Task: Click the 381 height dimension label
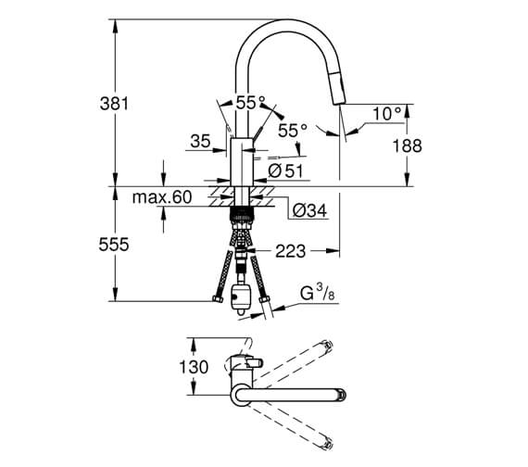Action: [x=114, y=104]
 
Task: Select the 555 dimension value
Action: [x=114, y=245]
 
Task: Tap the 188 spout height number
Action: [x=407, y=145]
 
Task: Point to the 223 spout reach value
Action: [x=290, y=251]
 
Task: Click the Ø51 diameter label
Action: [x=285, y=171]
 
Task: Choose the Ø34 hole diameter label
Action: [x=309, y=211]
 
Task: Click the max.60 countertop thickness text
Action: [x=162, y=196]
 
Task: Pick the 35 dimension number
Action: [x=200, y=141]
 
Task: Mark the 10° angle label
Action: [x=387, y=114]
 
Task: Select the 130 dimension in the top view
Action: [x=194, y=367]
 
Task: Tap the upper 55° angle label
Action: [x=250, y=103]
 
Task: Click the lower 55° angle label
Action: [x=293, y=130]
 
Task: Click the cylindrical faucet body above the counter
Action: [x=241, y=162]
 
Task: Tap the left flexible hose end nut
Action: [x=218, y=299]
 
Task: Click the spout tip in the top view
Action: [x=343, y=395]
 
